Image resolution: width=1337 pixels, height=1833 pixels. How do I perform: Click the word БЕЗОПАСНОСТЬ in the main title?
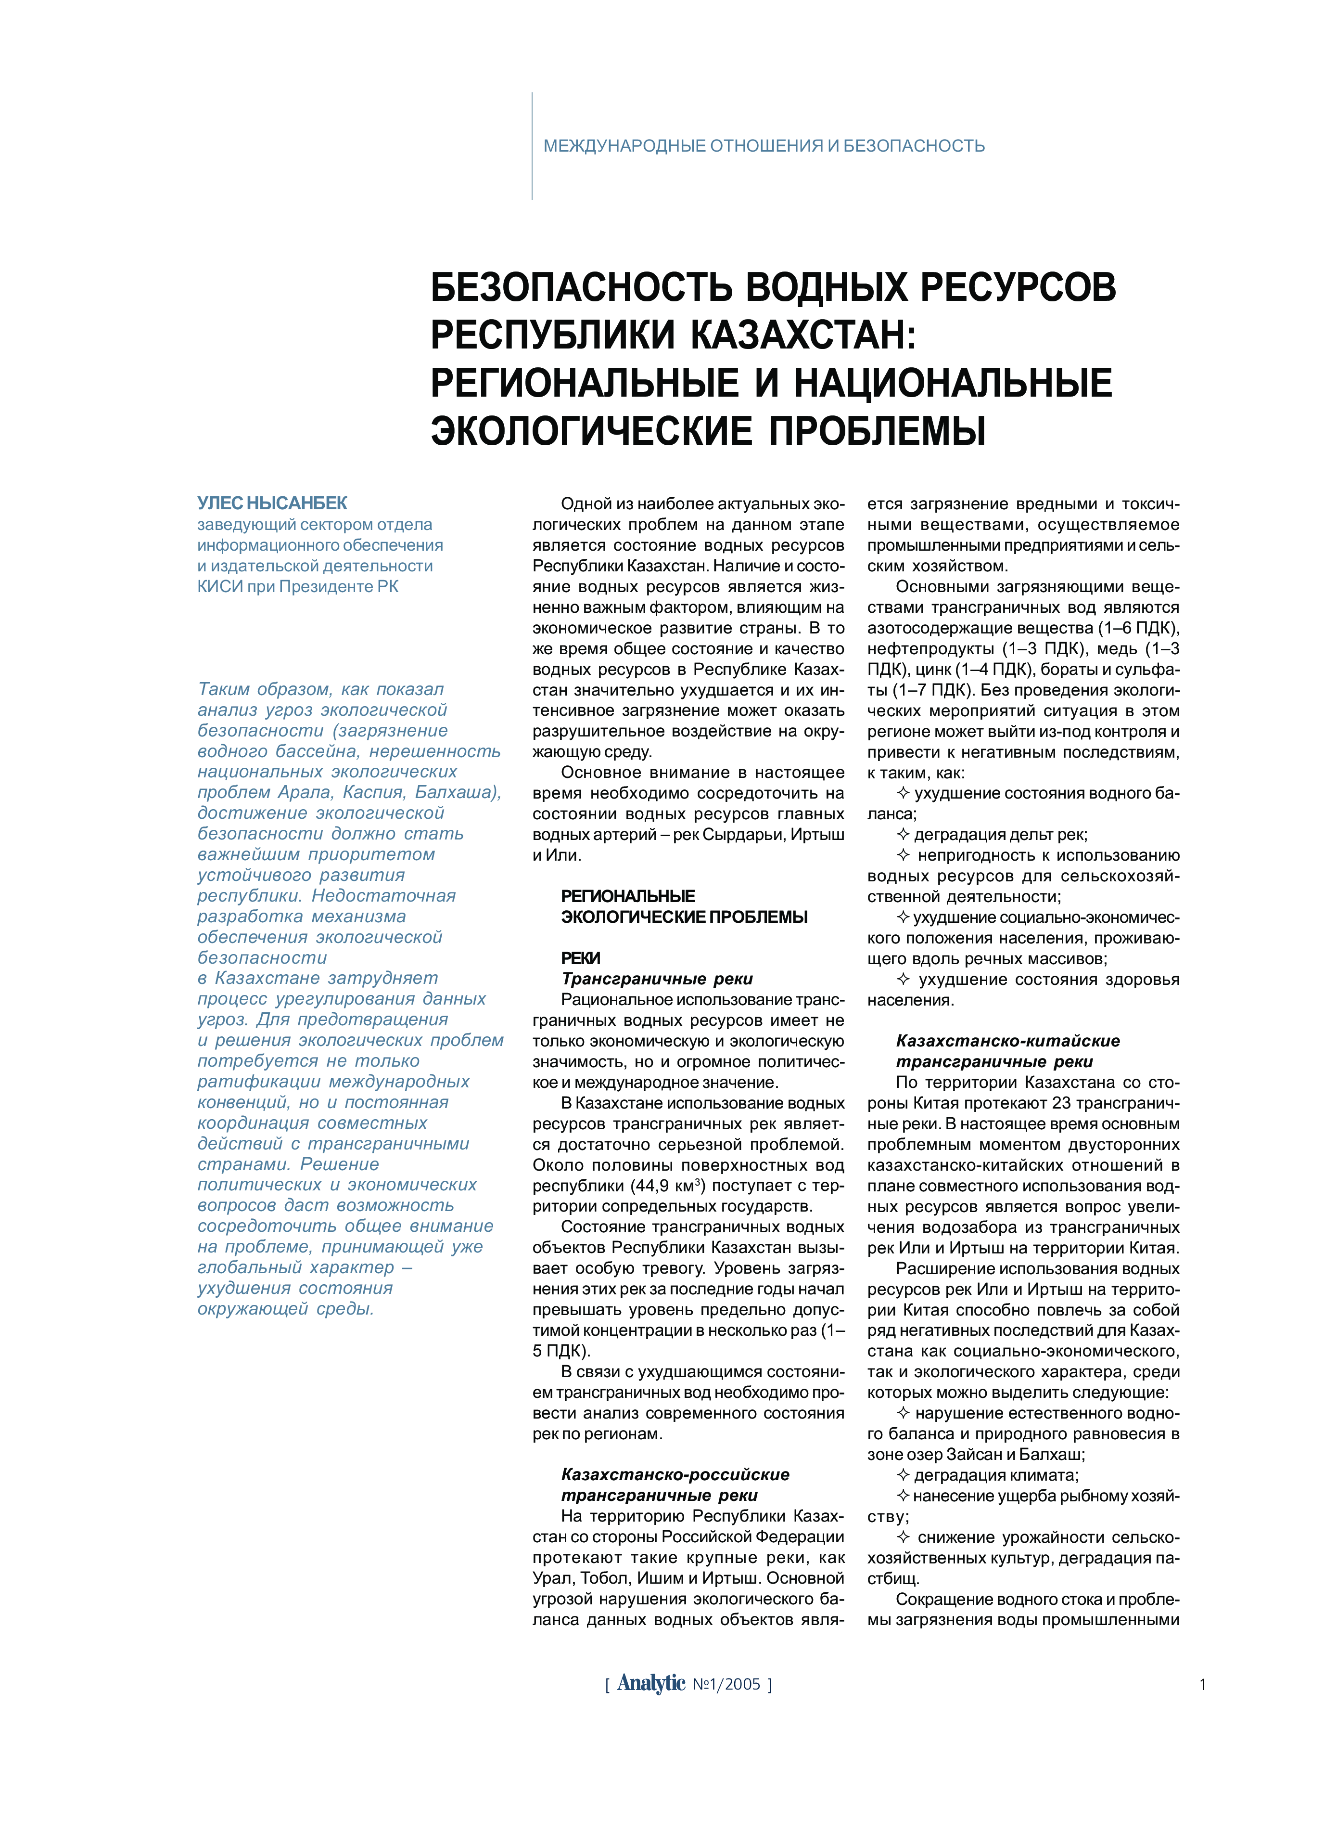pos(582,287)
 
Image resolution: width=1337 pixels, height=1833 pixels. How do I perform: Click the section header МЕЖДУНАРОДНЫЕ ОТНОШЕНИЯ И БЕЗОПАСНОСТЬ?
pos(763,146)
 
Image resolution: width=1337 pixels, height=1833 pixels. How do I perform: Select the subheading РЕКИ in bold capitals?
pos(580,958)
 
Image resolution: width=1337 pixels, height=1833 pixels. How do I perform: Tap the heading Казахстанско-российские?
pos(675,1474)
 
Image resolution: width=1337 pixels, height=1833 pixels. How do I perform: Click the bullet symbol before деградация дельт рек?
pos(903,834)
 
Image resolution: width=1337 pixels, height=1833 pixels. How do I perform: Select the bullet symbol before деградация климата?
pos(903,1475)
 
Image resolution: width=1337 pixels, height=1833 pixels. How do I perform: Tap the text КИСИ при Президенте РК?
pos(298,586)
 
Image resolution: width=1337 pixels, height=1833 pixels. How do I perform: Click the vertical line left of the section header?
pos(532,146)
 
